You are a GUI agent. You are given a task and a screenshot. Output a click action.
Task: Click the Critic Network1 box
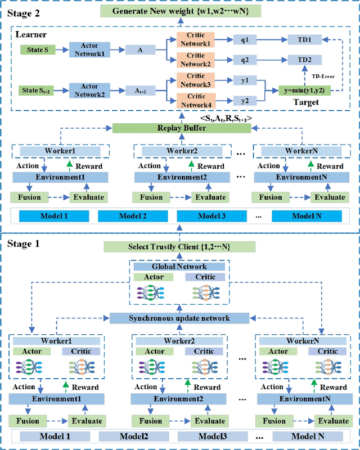191,39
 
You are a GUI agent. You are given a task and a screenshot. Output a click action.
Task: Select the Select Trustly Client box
180,246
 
